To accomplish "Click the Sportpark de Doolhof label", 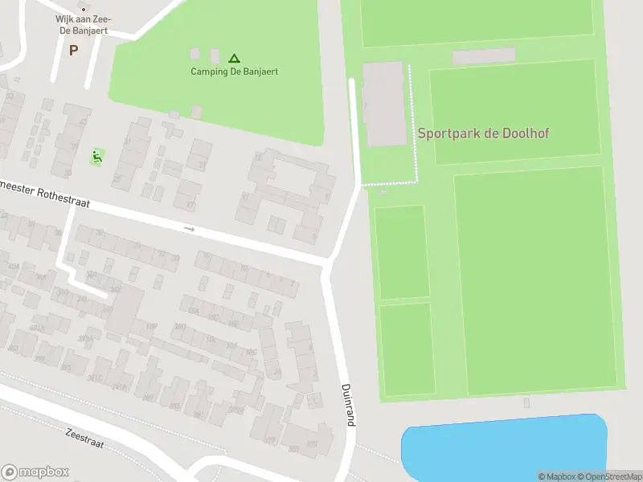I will pos(483,133).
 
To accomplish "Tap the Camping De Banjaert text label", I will pos(234,71).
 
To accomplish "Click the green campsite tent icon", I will pos(234,58).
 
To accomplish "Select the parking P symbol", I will pos(73,50).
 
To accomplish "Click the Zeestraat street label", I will pos(84,437).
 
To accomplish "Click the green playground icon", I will pos(97,156).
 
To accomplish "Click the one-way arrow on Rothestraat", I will pos(190,229).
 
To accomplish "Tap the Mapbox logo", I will pos(35,472).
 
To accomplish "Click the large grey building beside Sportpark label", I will pos(385,104).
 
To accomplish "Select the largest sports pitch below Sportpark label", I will pos(534,281).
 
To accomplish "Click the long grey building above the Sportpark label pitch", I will pos(483,56).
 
